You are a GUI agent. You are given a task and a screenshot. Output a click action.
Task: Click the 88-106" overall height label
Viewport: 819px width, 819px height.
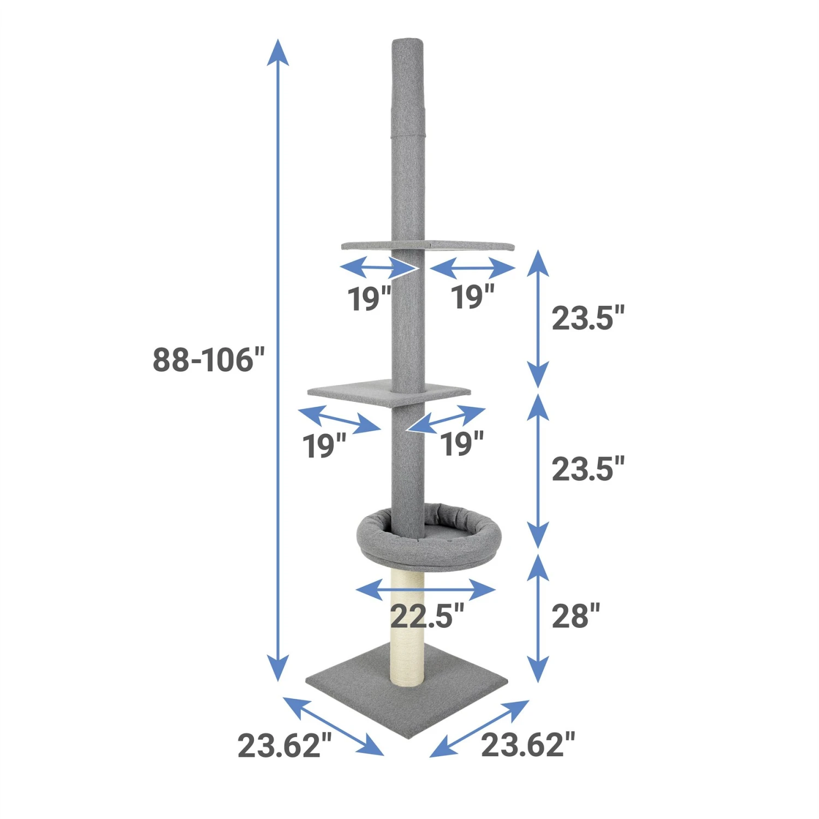coord(208,360)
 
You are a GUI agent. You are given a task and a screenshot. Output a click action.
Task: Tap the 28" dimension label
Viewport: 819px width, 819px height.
coord(575,616)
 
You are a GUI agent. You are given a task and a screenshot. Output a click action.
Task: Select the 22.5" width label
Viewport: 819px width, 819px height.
coord(427,616)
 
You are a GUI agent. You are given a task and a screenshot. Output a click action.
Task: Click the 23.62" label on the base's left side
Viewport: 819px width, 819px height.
coord(284,745)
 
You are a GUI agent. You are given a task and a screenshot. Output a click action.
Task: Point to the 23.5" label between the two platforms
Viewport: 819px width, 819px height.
coord(587,318)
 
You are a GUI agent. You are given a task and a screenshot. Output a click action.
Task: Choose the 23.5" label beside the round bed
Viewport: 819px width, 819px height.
coord(587,469)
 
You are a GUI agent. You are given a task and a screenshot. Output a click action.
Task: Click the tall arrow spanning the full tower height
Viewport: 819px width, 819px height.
coord(278,360)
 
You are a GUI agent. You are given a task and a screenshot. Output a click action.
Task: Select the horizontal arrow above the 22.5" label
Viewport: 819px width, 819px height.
coord(425,590)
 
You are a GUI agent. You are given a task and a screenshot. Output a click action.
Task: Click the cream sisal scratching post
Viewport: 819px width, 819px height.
coord(407,628)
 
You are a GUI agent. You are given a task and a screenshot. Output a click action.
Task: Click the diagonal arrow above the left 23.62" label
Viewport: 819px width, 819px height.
coord(333,726)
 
